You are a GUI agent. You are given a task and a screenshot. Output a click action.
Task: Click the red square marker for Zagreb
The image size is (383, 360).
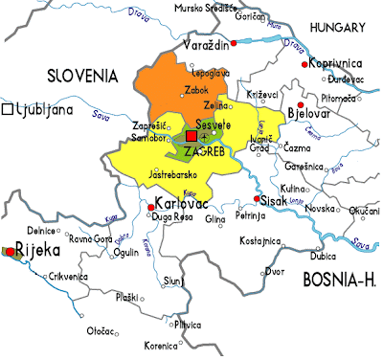(x=190, y=138)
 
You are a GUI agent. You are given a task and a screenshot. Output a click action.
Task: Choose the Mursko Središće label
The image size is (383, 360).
(x=207, y=9)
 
